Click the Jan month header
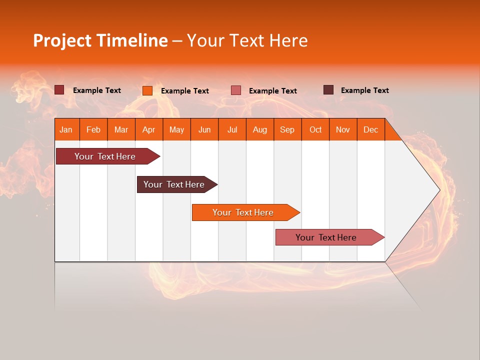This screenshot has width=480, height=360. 66,129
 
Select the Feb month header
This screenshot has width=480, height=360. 93,129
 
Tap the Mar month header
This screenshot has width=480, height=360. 121,129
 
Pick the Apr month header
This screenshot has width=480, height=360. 149,129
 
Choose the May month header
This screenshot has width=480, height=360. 176,129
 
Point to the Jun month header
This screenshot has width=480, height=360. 204,129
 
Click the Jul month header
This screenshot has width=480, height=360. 232,129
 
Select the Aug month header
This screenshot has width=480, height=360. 260,129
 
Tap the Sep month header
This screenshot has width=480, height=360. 287,129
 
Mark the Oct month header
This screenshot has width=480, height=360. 315,129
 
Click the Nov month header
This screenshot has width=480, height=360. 343,129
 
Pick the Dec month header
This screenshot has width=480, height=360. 370,129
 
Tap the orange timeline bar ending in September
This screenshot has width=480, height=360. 243,212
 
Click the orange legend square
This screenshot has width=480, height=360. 147,90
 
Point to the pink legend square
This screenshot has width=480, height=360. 236,90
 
